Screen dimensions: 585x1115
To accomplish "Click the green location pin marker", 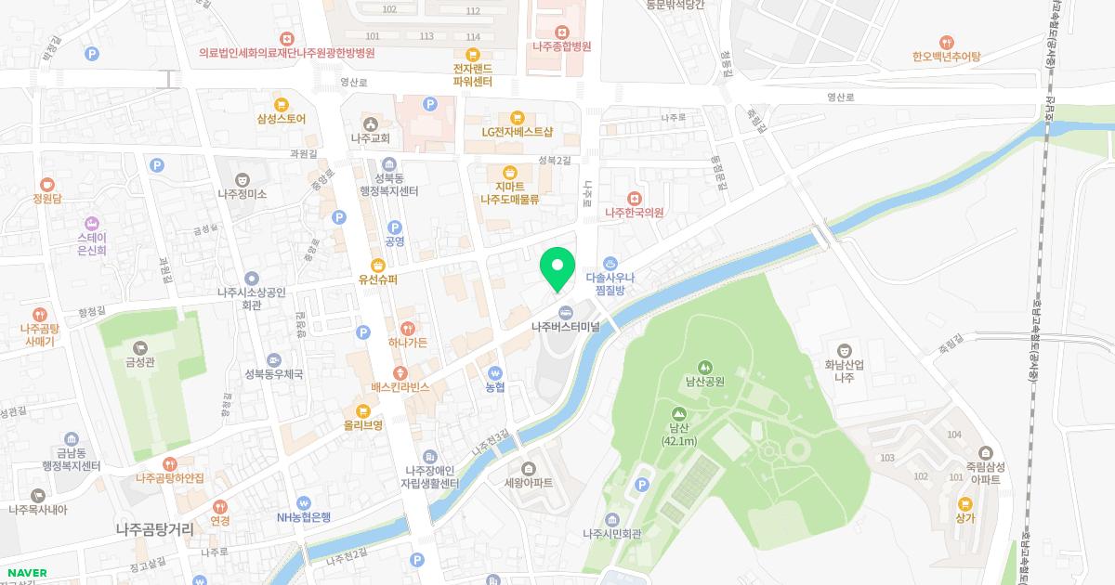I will (x=557, y=267).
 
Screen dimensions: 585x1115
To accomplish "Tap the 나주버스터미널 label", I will (x=565, y=327).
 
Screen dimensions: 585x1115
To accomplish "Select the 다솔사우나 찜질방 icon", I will (x=610, y=263).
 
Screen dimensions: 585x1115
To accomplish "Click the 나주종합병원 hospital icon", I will (x=562, y=32).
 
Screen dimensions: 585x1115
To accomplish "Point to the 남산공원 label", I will (x=704, y=381).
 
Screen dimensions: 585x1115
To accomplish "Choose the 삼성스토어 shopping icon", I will (x=281, y=105).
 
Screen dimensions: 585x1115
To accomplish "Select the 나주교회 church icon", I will (x=370, y=124).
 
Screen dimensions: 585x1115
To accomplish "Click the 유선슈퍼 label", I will (x=378, y=279).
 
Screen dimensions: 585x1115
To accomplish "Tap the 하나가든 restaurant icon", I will (x=408, y=328).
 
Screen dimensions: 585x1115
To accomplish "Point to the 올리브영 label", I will (x=362, y=425).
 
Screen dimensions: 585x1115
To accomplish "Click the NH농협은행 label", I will (x=303, y=517).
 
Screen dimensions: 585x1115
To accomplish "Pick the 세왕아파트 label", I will (x=528, y=483).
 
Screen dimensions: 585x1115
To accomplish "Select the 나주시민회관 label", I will (x=611, y=534).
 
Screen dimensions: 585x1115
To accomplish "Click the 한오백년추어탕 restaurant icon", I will (x=946, y=42).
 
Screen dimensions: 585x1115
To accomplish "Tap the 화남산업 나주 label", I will (x=844, y=371).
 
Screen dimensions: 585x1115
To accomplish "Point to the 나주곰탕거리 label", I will (x=154, y=529).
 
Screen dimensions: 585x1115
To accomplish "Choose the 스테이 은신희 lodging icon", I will (x=91, y=223).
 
